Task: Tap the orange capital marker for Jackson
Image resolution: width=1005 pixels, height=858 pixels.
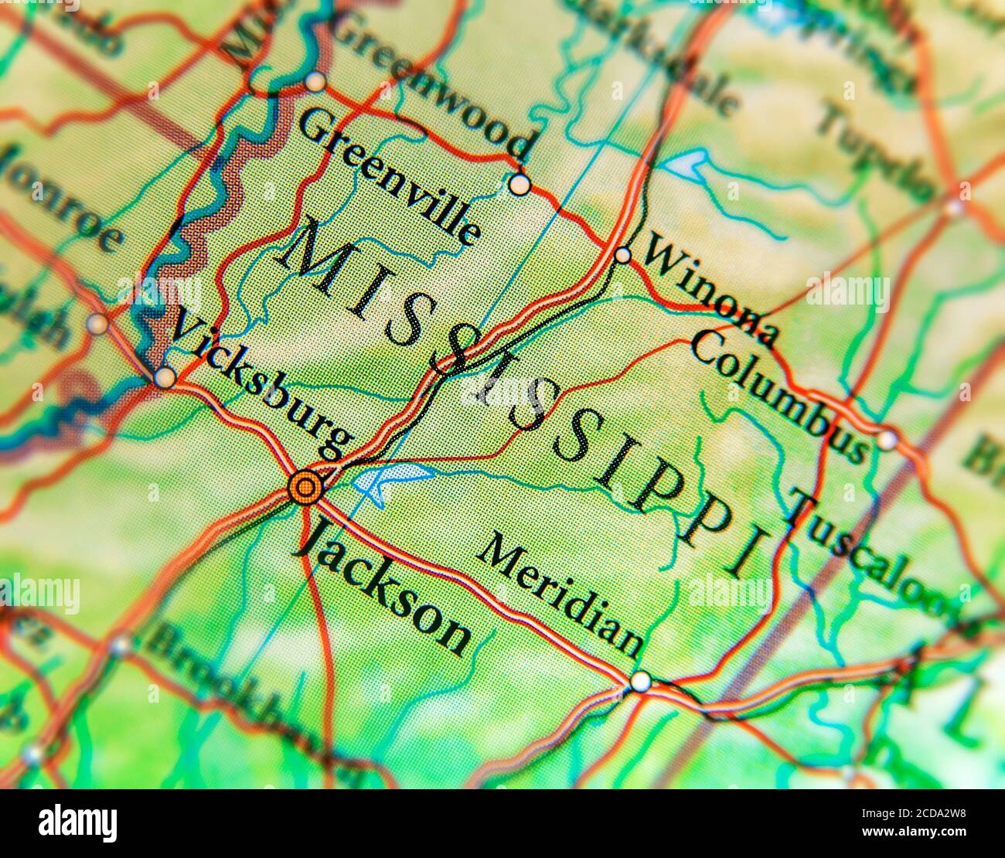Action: (x=305, y=487)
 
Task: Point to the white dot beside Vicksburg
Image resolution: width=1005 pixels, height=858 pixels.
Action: (x=165, y=377)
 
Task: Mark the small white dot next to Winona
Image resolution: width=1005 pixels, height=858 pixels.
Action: (x=622, y=255)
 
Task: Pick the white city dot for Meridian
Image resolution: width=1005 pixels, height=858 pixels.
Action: (x=640, y=681)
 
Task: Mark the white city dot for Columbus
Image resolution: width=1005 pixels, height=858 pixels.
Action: (x=887, y=440)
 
